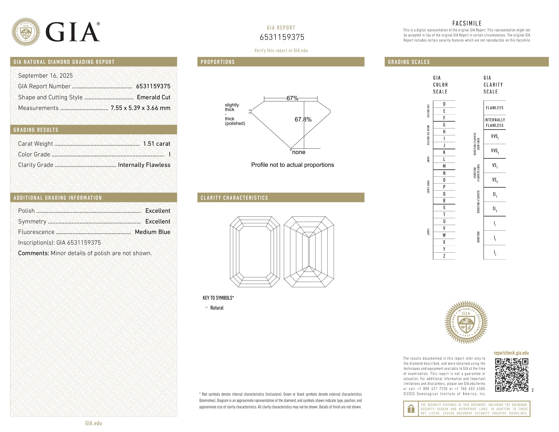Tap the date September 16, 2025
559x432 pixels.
pos(45,76)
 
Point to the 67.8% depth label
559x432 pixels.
pos(303,119)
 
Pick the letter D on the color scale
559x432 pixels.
pos(444,104)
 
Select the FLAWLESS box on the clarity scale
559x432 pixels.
pos(494,108)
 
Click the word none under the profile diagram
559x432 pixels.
pos(299,152)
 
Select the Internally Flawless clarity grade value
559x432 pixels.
pos(144,165)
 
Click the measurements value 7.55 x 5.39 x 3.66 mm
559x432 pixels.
pos(140,108)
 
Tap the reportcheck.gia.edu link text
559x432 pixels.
pos(511,353)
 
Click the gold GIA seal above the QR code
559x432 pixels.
pos(466,322)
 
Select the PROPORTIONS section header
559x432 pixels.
pos(218,62)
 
